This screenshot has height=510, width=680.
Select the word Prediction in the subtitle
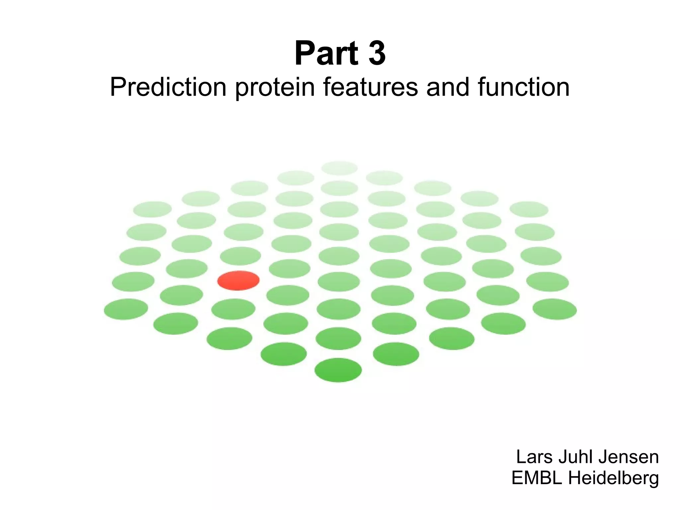click(168, 87)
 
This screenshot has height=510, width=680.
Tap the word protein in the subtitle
click(275, 87)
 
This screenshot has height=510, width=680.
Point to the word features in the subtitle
click(370, 87)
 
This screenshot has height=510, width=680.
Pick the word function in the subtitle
click(524, 87)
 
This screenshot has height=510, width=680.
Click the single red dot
click(238, 281)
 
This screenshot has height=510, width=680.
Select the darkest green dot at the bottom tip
click(338, 370)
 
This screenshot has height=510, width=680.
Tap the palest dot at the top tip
click(339, 168)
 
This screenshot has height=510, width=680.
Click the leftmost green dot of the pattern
click(126, 309)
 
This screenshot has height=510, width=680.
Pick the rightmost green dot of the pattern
click(554, 309)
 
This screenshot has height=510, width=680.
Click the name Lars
click(535, 457)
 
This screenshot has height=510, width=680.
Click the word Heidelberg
click(614, 478)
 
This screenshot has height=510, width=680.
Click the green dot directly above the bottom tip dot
click(338, 338)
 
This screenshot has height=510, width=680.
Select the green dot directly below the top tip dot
click(339, 188)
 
